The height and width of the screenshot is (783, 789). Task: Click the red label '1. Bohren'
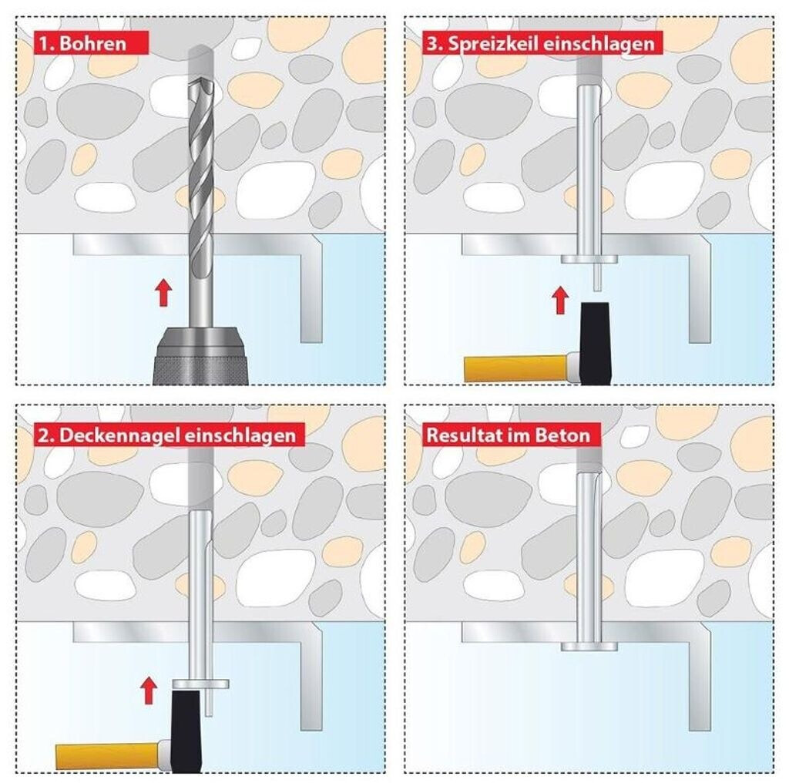click(x=91, y=43)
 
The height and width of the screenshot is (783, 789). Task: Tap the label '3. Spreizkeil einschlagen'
click(x=542, y=43)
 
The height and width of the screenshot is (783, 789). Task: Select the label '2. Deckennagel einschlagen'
click(x=169, y=435)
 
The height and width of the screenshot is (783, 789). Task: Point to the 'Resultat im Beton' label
click(x=511, y=435)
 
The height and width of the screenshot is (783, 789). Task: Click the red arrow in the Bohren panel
click(x=163, y=294)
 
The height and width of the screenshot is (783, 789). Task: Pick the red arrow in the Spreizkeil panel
click(x=560, y=300)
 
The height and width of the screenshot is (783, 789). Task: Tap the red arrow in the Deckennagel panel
click(x=148, y=691)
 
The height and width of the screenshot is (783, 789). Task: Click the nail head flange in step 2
click(x=201, y=684)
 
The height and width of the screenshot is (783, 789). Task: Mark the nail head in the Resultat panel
click(x=589, y=646)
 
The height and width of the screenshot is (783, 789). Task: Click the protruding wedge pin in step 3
click(x=597, y=277)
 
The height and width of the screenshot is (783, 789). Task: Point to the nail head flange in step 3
click(x=589, y=259)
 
